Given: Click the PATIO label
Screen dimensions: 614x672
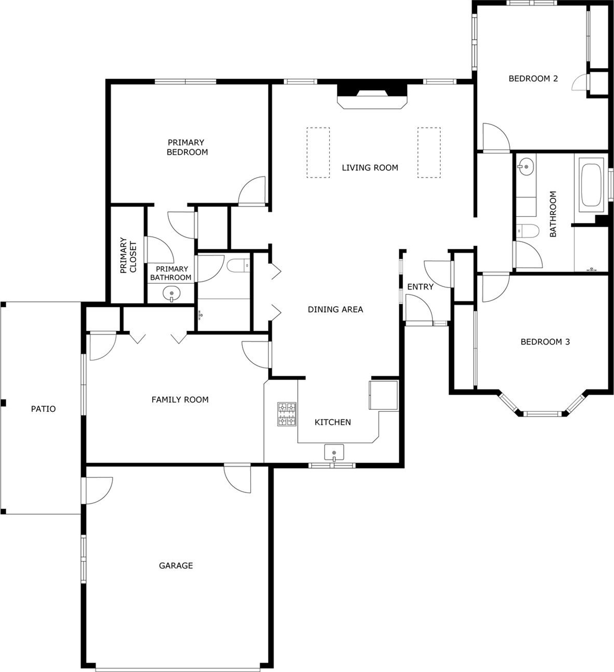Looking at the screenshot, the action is tap(43, 409).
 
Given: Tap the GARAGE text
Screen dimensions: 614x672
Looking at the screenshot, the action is tap(176, 566).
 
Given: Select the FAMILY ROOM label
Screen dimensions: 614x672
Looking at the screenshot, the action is tap(180, 399).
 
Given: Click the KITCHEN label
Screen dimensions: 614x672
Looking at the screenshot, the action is tap(333, 422).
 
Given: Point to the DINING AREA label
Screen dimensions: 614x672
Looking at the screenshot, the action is tap(335, 309).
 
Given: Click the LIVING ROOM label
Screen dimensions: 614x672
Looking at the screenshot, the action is tap(370, 168).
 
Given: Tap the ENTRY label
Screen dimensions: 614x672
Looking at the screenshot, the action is tap(421, 287).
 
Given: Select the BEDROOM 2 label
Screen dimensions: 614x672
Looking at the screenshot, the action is tap(534, 78).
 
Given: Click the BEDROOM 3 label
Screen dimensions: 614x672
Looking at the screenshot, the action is tap(545, 342).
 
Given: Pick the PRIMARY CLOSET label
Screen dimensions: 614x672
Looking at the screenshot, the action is tap(128, 255).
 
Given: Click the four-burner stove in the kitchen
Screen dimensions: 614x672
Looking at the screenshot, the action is tap(287, 414).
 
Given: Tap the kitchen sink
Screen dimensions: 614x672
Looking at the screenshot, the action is tap(334, 452).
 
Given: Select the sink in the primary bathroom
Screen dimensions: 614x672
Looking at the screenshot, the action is tap(171, 294).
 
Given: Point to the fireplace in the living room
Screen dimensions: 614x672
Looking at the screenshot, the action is tap(372, 96).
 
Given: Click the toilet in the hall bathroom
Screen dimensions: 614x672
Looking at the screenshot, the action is tap(528, 231).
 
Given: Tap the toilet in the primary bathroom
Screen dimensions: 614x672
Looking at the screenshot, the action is tap(238, 266).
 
